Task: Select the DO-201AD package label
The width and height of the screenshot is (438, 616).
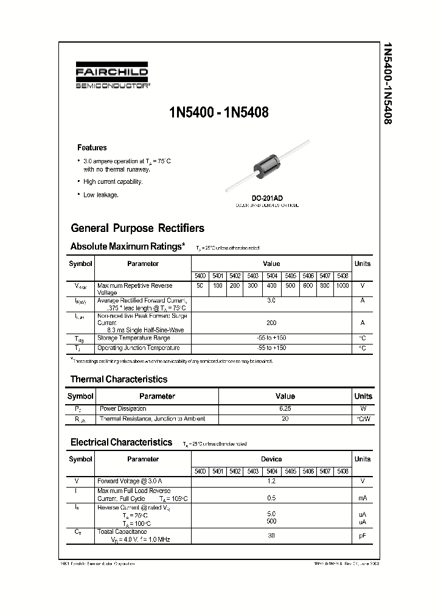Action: [267, 198]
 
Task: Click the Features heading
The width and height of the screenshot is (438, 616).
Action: [92, 147]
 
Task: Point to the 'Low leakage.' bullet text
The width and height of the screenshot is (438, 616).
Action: [101, 195]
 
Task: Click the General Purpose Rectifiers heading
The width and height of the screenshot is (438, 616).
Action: [137, 228]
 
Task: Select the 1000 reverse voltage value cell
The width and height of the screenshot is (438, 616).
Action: [342, 285]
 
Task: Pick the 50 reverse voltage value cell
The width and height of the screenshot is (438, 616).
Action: [200, 285]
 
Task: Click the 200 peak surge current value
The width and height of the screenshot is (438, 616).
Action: [271, 323]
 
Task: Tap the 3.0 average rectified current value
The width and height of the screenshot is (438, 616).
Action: [271, 301]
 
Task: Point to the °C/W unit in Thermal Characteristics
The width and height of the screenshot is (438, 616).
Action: [363, 419]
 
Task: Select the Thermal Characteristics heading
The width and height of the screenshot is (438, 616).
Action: [119, 379]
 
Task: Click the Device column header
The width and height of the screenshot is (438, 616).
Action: [271, 459]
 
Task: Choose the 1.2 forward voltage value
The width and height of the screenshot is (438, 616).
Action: [271, 481]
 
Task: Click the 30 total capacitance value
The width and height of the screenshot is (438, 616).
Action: [271, 536]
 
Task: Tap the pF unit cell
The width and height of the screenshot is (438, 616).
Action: [363, 536]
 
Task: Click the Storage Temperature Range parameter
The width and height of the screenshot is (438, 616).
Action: [134, 338]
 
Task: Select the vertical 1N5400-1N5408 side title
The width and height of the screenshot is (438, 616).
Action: [387, 83]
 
